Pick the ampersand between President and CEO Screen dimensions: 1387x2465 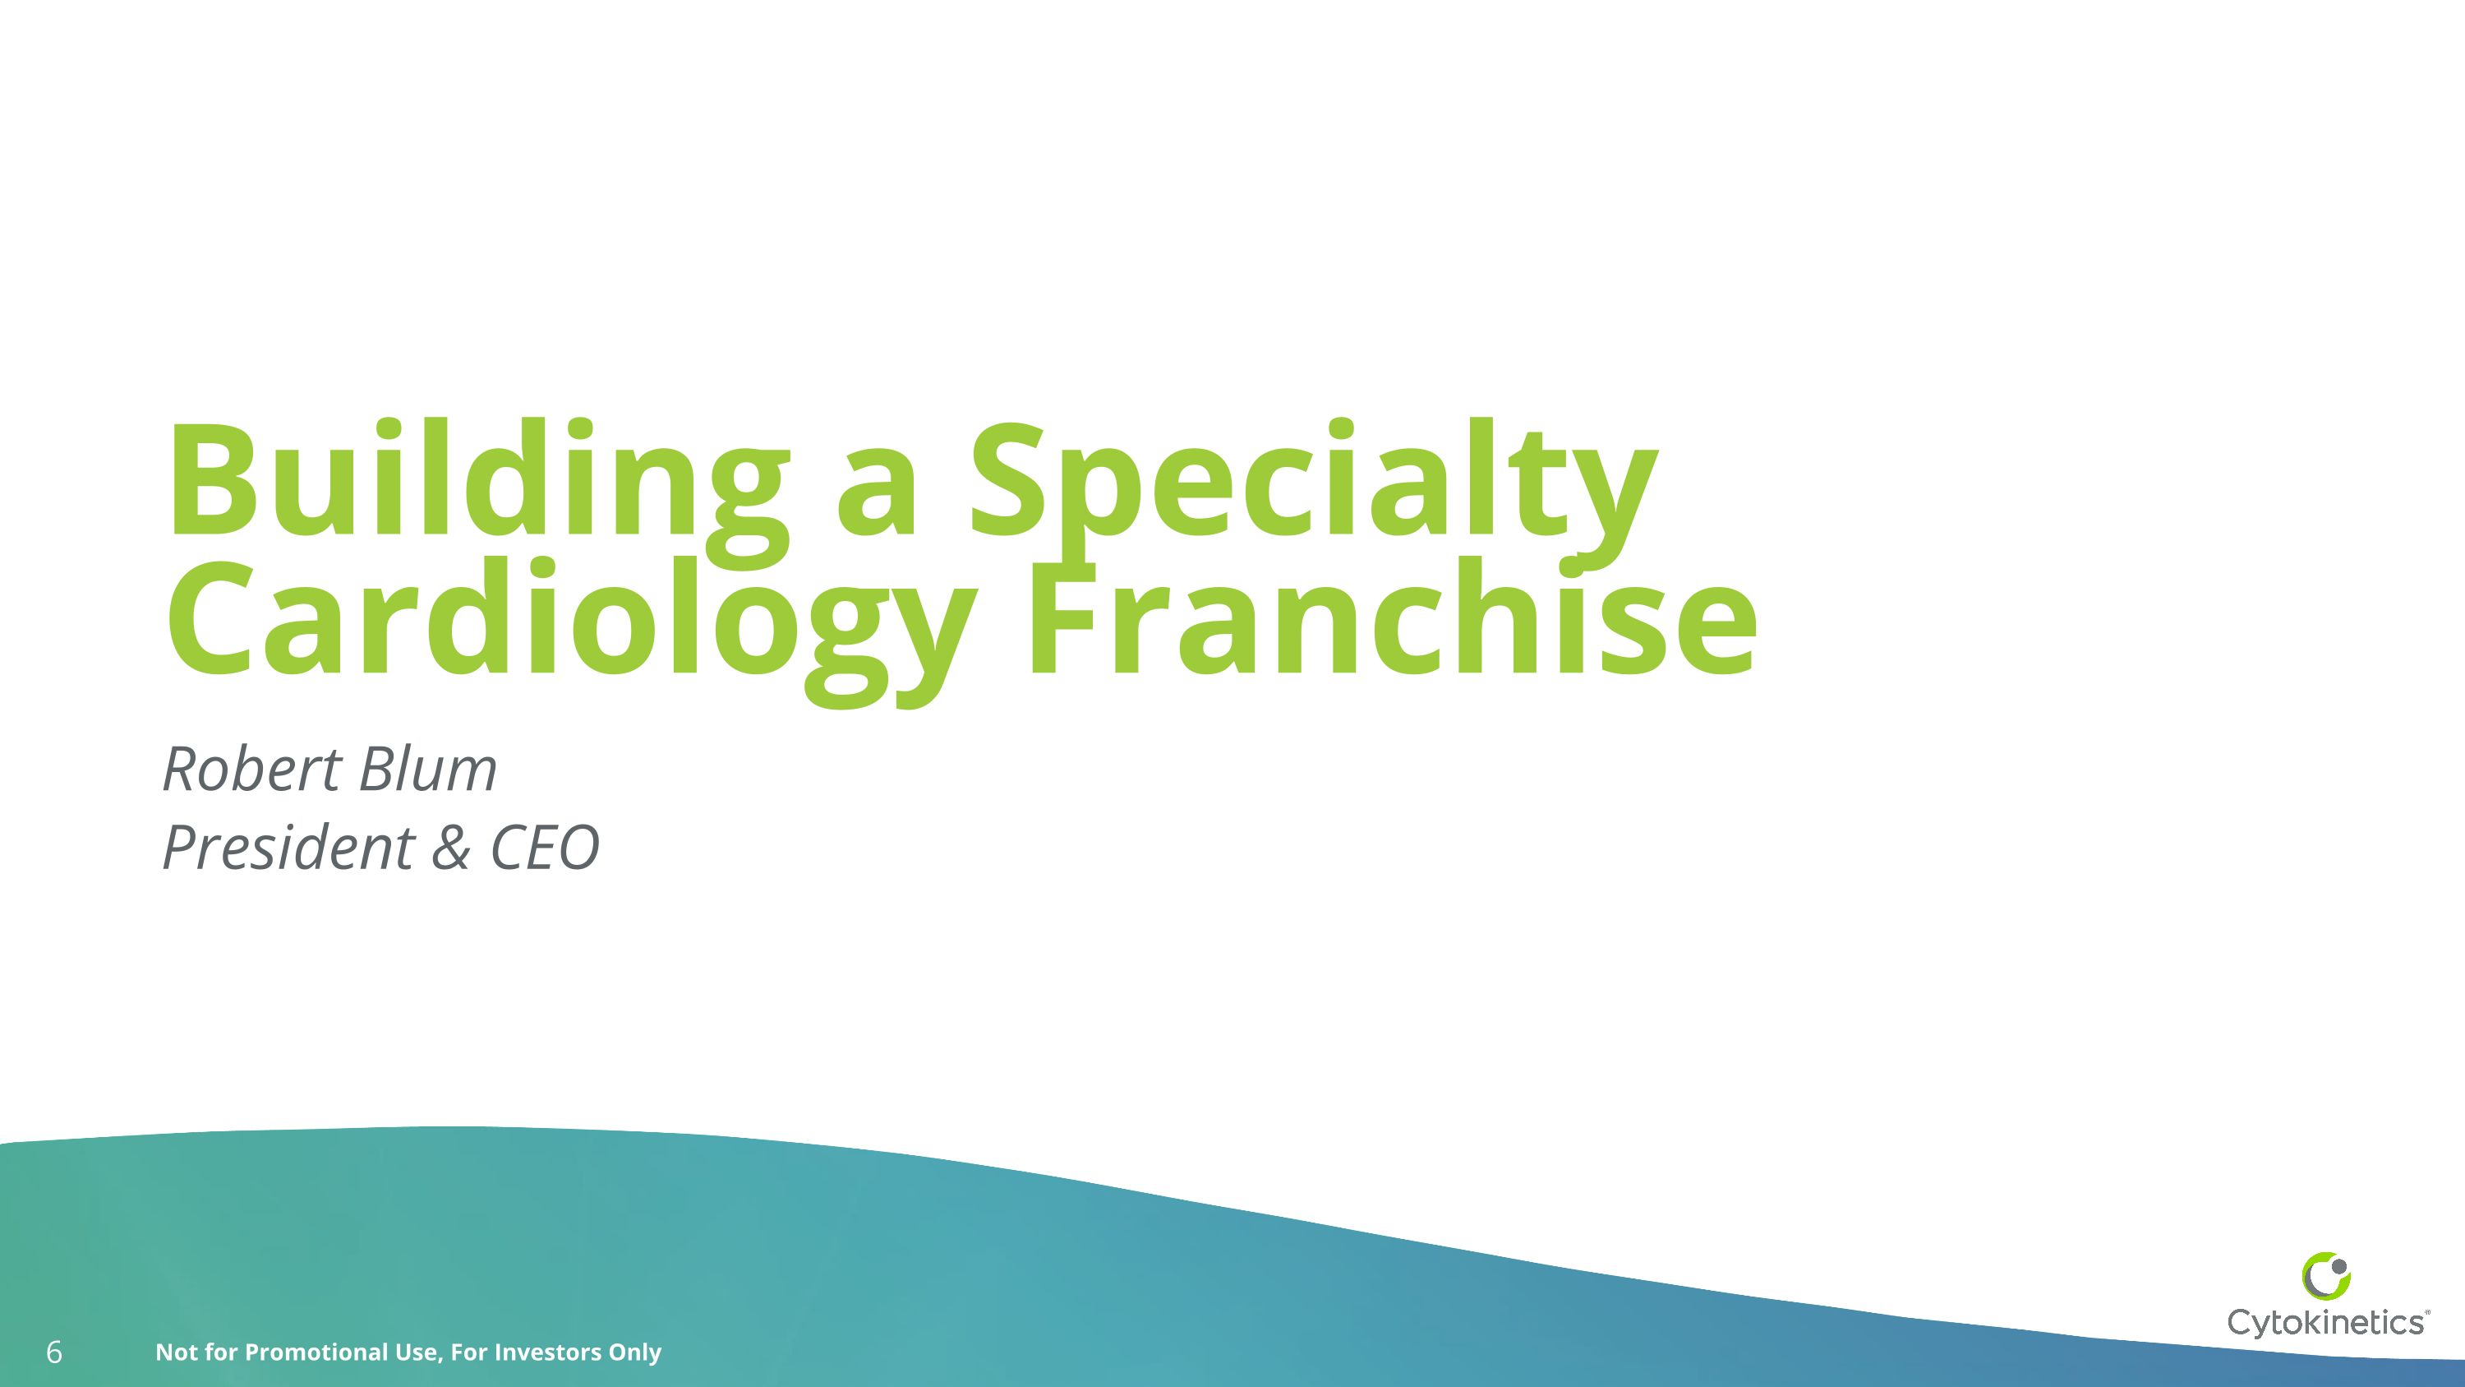point(449,848)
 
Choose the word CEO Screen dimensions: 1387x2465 point(545,848)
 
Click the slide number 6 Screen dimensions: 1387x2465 point(54,1352)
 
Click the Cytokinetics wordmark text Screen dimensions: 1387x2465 point(2326,1322)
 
